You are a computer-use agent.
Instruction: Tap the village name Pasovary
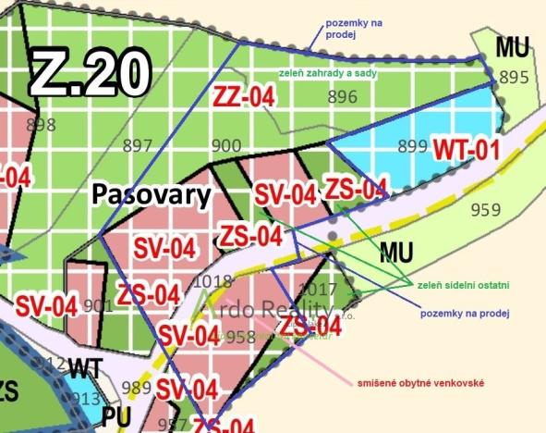pyautogui.click(x=152, y=195)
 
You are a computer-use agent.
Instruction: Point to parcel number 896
pyautogui.click(x=342, y=96)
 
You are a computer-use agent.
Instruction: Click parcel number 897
pyautogui.click(x=137, y=145)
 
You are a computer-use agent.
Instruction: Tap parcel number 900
pyautogui.click(x=226, y=145)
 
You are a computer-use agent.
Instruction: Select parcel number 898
pyautogui.click(x=42, y=125)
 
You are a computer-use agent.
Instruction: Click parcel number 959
pyautogui.click(x=485, y=209)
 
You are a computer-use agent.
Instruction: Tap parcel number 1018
pyautogui.click(x=212, y=280)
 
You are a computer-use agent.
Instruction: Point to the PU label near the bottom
pyautogui.click(x=116, y=417)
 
